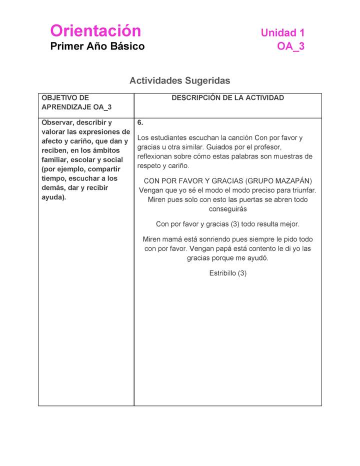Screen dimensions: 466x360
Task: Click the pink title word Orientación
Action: tap(95, 31)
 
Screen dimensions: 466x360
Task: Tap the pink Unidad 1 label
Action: tap(282, 33)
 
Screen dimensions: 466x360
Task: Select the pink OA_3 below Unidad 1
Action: tap(290, 46)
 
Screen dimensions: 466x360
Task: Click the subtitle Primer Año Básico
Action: tap(97, 46)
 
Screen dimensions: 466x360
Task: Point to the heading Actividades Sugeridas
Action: tap(179, 80)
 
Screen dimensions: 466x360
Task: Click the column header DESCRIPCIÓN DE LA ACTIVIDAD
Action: tap(227, 98)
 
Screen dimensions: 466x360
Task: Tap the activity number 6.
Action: tap(140, 122)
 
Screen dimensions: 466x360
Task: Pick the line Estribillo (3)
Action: tap(227, 273)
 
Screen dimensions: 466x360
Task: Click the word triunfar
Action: tap(301, 190)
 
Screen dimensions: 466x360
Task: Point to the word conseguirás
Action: tap(227, 209)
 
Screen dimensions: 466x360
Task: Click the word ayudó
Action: tap(258, 258)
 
